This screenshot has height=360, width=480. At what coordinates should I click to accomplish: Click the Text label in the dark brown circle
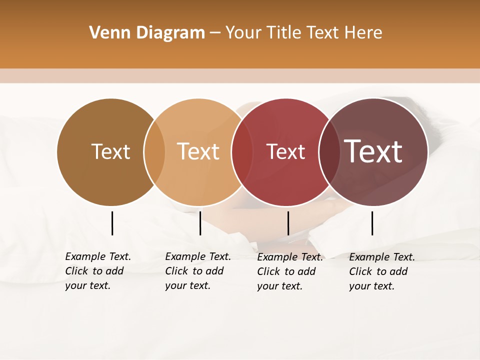click(x=110, y=151)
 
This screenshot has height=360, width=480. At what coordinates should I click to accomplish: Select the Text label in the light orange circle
click(x=198, y=151)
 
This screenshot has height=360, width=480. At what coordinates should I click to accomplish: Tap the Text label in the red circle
click(x=285, y=151)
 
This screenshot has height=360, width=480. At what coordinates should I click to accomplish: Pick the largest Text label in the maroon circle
click(x=373, y=151)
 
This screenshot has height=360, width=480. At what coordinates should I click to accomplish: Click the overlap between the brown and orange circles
click(x=154, y=152)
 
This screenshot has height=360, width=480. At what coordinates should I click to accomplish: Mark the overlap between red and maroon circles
click(x=328, y=152)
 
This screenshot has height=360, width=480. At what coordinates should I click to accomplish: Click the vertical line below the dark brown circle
click(x=112, y=223)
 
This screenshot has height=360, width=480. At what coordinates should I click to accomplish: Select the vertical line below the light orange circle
click(x=200, y=223)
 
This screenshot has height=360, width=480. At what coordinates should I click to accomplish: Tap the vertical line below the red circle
click(x=288, y=223)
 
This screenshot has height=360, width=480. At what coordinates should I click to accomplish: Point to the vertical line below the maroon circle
click(x=372, y=223)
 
